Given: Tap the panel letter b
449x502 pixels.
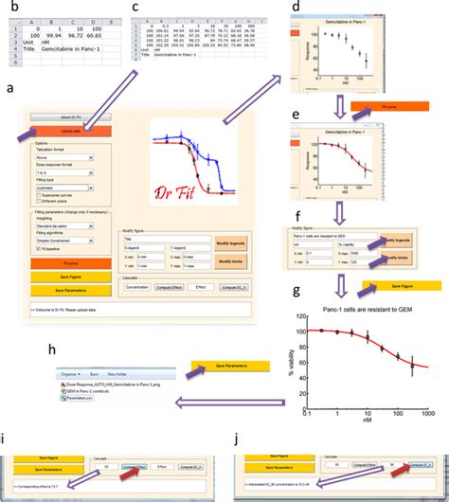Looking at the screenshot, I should coord(11,8).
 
